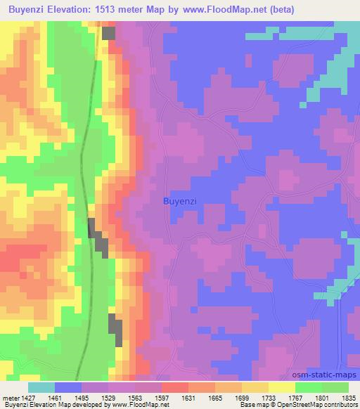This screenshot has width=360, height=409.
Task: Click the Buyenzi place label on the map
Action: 179,201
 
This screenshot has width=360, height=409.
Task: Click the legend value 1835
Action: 349,397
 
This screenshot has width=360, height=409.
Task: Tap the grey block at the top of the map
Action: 108,32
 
